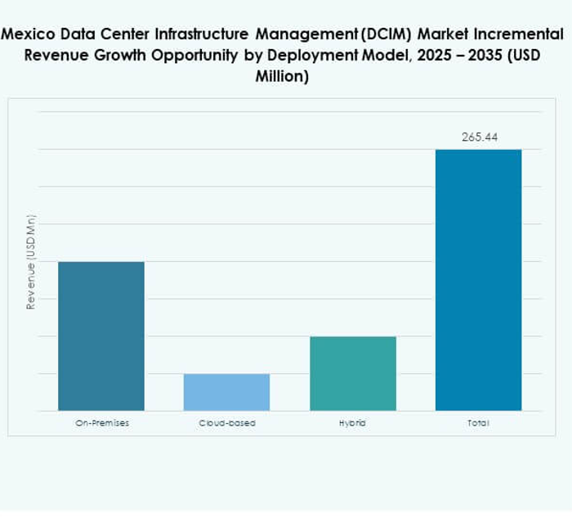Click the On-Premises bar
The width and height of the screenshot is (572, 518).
[x=101, y=336]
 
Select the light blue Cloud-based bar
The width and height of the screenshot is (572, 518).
[x=226, y=392]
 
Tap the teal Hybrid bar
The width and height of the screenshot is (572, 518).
[x=352, y=373]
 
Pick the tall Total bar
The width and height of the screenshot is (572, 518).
[x=478, y=280]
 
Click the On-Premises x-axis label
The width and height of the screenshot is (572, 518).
[x=101, y=423]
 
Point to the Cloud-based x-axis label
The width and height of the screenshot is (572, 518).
[x=226, y=423]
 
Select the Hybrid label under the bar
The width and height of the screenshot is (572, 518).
[x=352, y=423]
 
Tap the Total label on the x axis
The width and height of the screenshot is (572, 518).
[x=478, y=423]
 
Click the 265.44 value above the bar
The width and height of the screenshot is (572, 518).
[x=479, y=137]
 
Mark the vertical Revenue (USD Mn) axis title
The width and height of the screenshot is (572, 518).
[x=31, y=262]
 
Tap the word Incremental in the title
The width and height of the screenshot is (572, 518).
[x=520, y=34]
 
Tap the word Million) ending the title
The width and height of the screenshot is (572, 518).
[x=285, y=77]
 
